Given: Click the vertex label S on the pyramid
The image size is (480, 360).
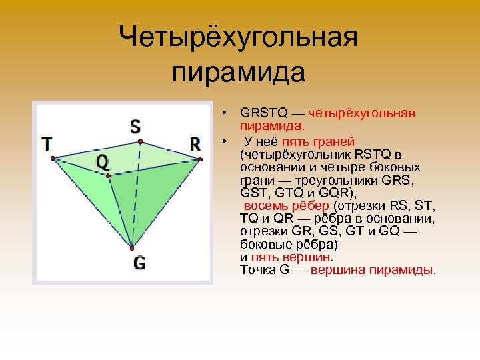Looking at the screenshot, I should click(135, 126).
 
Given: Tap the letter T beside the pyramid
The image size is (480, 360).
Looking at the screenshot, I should click(47, 143).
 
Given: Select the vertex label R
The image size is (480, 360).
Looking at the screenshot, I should click(195, 143).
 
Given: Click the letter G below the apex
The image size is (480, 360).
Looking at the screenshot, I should click(139, 263).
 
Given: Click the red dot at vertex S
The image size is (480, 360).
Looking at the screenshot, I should click(140, 141).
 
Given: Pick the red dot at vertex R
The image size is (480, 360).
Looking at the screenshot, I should click(198, 159).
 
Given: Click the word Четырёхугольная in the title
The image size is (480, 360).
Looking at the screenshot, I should click(239, 37).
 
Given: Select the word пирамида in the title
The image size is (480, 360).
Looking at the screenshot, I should click(239, 72).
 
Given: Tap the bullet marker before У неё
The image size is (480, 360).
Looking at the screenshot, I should click(227, 141).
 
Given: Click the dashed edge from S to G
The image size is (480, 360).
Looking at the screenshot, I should click(136, 193).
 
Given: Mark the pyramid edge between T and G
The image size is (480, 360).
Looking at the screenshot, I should click(91, 203).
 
